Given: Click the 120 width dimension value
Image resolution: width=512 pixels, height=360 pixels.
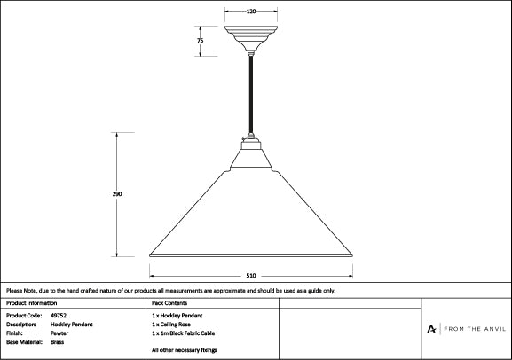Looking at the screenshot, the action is [x=251, y=12].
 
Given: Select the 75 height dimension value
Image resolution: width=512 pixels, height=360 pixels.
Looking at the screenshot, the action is [x=201, y=41].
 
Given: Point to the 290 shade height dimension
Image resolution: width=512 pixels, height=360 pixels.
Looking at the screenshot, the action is [x=117, y=194].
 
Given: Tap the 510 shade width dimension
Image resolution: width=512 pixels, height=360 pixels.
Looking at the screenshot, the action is [x=251, y=276].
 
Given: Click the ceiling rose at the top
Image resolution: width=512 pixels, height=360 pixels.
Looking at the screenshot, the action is [x=251, y=38].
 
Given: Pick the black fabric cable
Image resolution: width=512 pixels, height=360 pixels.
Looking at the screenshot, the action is [x=251, y=94].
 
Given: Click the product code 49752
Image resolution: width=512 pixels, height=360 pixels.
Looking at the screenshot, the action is [x=59, y=316].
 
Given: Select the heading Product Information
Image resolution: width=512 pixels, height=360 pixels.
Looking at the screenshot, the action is [x=31, y=303].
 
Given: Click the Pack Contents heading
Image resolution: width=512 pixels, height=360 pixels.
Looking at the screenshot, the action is [x=169, y=303].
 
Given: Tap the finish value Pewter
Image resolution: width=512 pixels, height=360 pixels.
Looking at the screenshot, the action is [x=59, y=333].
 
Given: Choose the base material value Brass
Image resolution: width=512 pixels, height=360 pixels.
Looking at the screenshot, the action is [x=57, y=342].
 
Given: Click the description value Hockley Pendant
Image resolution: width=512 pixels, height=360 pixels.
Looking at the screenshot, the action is [x=72, y=325].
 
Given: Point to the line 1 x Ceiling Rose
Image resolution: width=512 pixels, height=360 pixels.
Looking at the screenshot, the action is [x=171, y=325].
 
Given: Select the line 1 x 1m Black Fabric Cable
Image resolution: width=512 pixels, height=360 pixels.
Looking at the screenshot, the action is [x=183, y=333].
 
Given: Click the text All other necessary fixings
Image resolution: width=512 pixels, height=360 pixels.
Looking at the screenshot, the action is [x=185, y=350].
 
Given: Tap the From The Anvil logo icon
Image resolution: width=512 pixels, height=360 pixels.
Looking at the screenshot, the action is [x=431, y=329].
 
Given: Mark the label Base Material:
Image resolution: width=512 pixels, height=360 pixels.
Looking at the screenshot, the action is [x=24, y=342].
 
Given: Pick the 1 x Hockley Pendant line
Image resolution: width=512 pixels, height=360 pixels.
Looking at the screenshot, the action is [x=177, y=316].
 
